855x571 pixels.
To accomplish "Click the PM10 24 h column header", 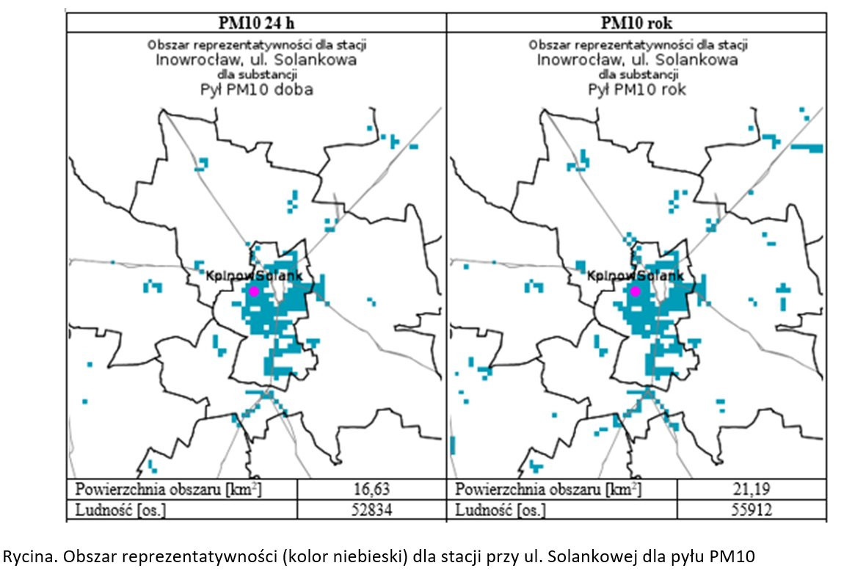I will [x=256, y=23].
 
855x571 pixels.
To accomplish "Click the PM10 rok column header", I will [x=636, y=23].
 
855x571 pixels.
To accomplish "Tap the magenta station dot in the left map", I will [x=254, y=291].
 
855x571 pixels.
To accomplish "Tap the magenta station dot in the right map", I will [x=636, y=291].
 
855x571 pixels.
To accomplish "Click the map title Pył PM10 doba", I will [x=256, y=90].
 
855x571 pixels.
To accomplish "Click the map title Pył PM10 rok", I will [x=637, y=90].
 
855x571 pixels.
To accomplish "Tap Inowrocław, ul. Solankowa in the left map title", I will [x=256, y=59].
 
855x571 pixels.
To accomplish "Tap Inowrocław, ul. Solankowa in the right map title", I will [x=637, y=59].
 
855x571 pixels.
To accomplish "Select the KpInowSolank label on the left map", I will [x=259, y=276].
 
